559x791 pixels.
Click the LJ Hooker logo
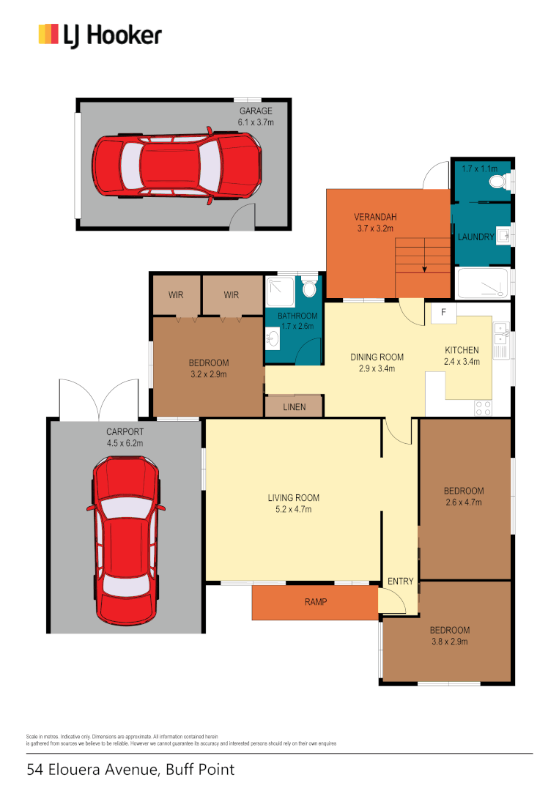pos(100,34)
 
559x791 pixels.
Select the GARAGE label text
pos(256,111)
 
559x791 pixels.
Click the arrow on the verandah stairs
pos(423,267)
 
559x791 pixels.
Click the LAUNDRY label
pos(475,237)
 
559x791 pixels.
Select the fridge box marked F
pos(442,313)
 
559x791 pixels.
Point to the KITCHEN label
pos(462,350)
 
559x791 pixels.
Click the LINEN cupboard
pos(294,406)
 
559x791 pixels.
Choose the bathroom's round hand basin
pos(273,338)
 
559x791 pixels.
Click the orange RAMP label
pos(315,602)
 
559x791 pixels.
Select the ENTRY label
pos(401,582)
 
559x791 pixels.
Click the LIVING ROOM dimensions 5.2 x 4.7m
pos(293,509)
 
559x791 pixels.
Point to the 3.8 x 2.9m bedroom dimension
pos(449,641)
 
